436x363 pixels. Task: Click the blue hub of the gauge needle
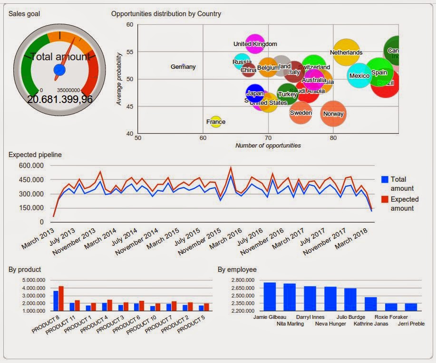[x=59, y=70]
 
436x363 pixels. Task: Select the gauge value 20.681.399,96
[x=60, y=99]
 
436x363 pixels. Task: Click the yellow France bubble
[x=216, y=121]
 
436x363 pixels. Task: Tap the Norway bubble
[x=333, y=113]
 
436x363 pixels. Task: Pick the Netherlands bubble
[x=346, y=52]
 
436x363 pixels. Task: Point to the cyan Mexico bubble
[x=359, y=75]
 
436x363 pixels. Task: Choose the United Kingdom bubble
[x=255, y=44]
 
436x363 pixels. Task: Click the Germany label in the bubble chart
[x=183, y=67]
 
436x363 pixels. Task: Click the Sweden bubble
[x=301, y=112]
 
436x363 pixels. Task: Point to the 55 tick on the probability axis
[x=129, y=51]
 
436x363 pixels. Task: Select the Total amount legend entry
[x=398, y=184]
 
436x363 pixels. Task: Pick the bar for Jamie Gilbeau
[x=270, y=297]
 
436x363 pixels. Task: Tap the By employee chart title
[x=237, y=270]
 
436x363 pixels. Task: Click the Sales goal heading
[x=24, y=14]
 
